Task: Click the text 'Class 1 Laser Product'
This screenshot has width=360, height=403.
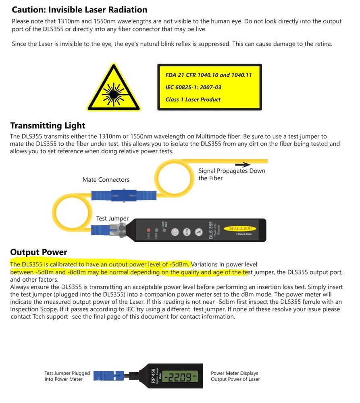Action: pos(193,100)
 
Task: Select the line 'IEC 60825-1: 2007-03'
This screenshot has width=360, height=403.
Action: pos(193,87)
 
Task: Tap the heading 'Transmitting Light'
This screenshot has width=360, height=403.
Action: pos(48,126)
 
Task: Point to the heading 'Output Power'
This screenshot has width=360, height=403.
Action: pos(39,252)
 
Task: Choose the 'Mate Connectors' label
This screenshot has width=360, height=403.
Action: pos(106,180)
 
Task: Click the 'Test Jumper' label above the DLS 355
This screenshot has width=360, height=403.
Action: pos(112,218)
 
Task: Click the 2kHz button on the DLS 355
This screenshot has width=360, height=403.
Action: pos(187,232)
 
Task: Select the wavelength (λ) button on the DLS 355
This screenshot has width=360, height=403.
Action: pos(198,232)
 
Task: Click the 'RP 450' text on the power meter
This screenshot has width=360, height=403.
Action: pos(153,376)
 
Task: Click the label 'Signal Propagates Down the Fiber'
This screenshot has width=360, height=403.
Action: pos(231,174)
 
